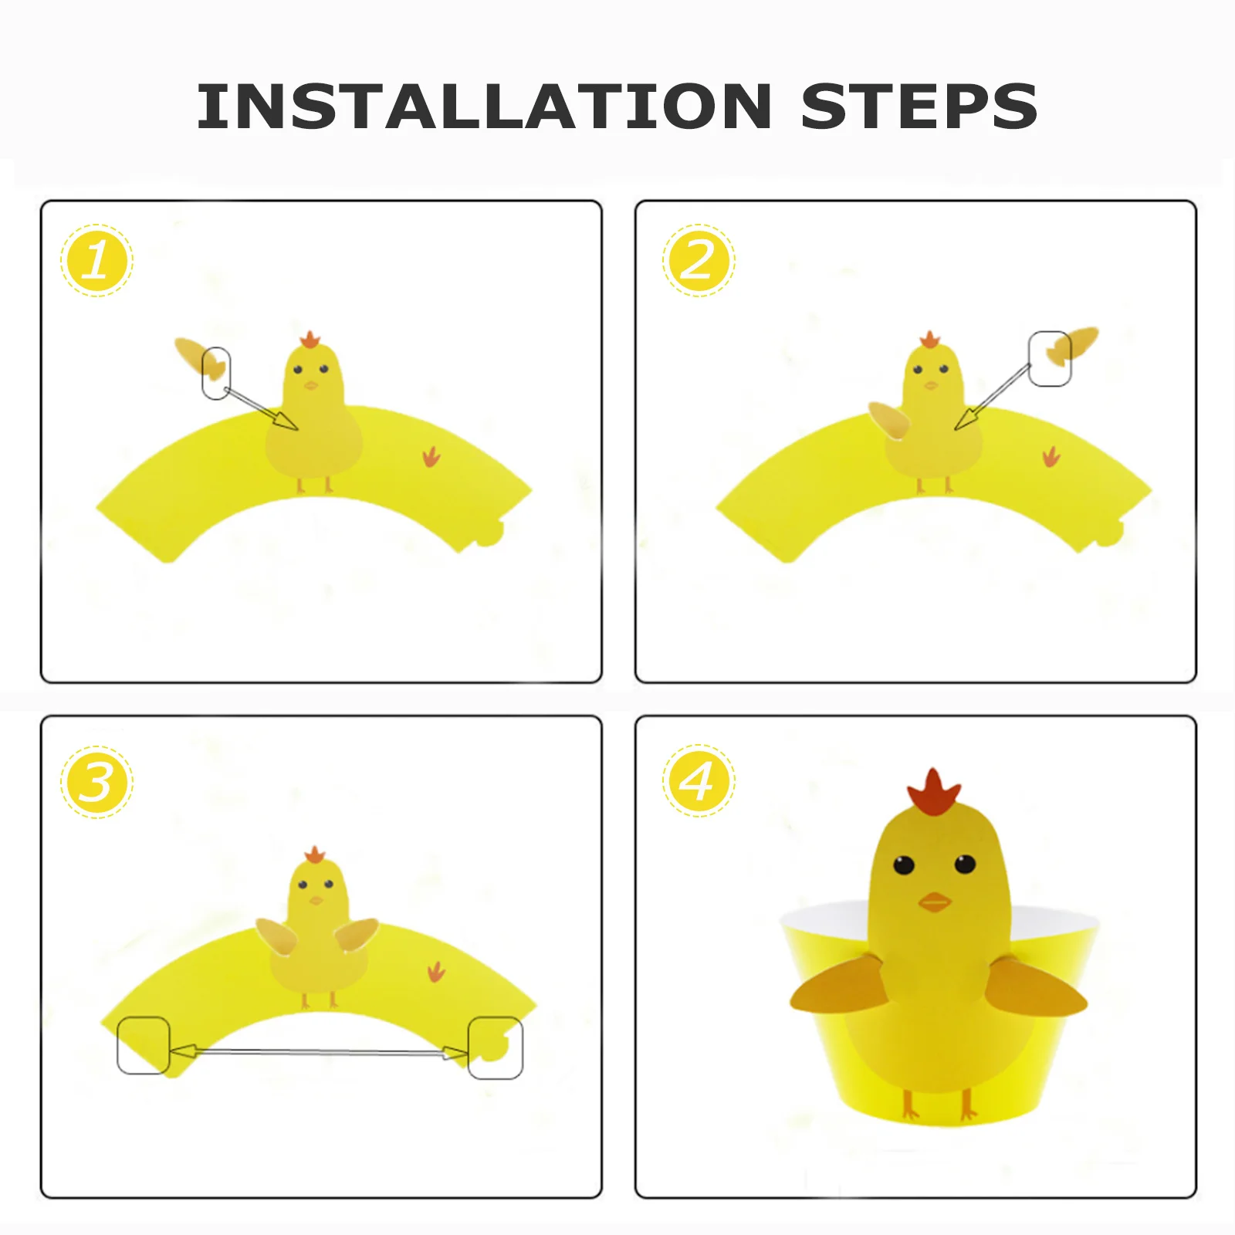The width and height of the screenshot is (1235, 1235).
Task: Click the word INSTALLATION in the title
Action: click(x=484, y=106)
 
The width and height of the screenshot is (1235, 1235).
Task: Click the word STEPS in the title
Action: click(x=919, y=106)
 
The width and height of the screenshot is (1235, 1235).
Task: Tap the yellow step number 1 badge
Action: click(x=96, y=260)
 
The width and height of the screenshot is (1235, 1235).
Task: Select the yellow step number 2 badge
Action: click(x=699, y=260)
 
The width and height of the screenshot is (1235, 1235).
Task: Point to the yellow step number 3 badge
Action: click(x=96, y=782)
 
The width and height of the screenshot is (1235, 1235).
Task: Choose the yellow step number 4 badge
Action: click(x=699, y=780)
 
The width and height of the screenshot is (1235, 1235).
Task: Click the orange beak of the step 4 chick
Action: click(x=934, y=902)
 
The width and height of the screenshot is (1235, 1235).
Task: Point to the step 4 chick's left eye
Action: click(x=903, y=864)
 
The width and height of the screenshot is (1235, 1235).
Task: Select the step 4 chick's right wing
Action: click(x=1037, y=986)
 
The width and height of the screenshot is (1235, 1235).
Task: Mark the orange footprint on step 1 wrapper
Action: click(x=431, y=457)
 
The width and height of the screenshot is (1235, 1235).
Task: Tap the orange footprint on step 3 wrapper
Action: click(x=436, y=972)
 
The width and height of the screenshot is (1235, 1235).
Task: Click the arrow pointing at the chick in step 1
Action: click(x=259, y=408)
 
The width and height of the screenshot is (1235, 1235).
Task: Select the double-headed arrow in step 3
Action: click(x=318, y=1051)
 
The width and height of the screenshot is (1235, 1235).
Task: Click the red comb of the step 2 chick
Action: click(x=929, y=340)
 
